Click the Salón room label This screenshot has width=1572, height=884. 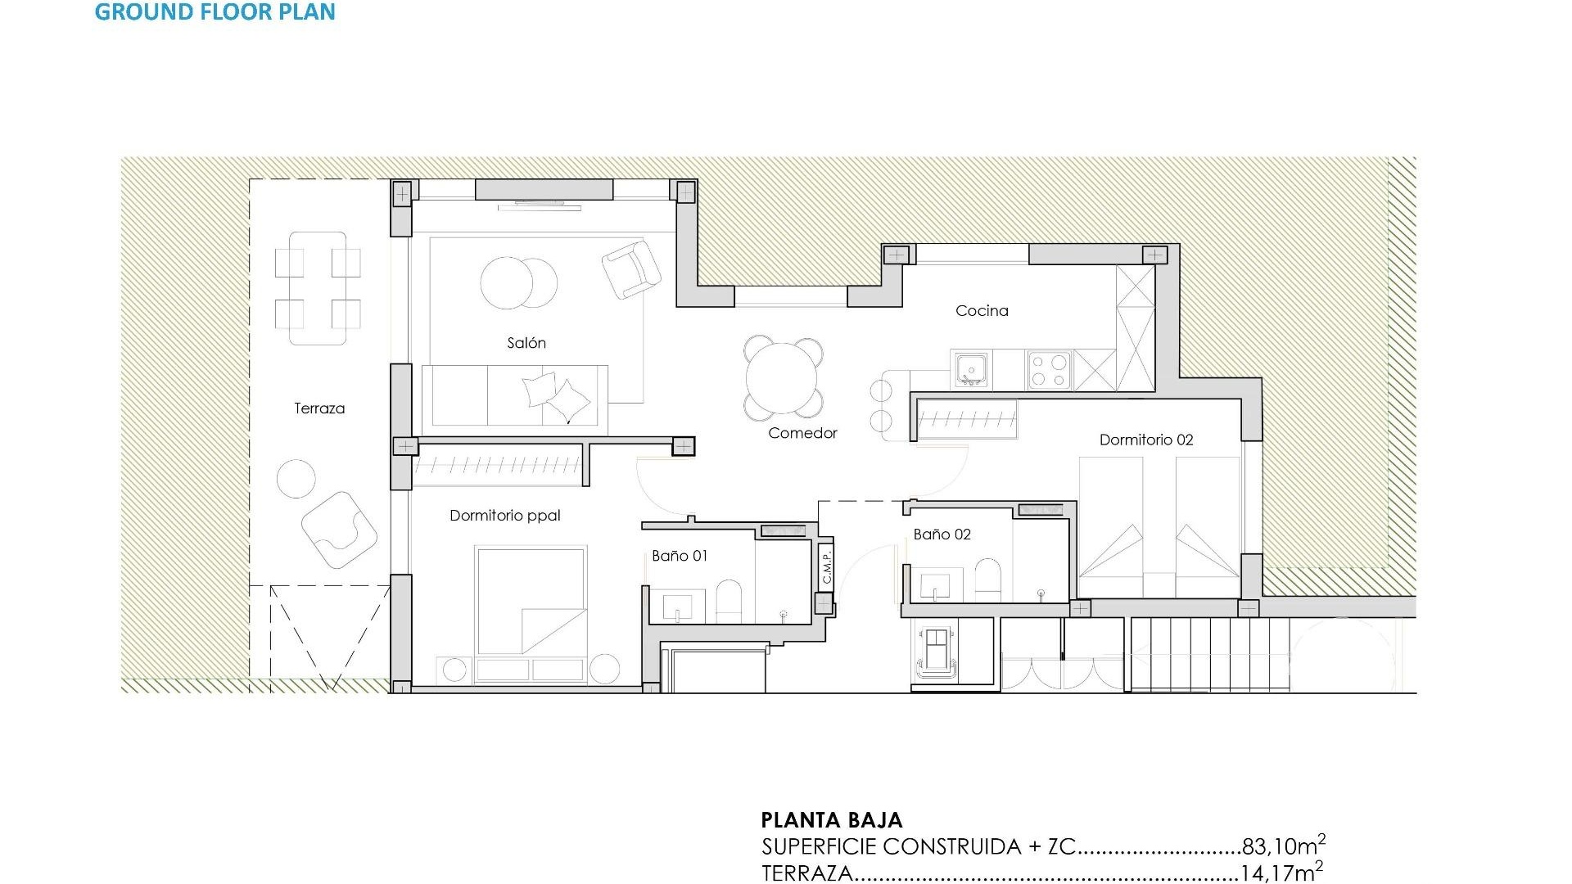pos(526,343)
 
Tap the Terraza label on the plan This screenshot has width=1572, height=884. pos(319,408)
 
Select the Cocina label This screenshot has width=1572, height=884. pos(982,311)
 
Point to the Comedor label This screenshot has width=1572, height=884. pos(802,433)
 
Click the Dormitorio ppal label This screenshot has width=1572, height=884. pos(505,516)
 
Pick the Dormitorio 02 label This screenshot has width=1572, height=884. pos(1145,440)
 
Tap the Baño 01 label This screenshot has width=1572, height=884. pos(680,556)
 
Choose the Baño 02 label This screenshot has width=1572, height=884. pos(942,534)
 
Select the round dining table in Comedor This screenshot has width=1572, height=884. pos(782,379)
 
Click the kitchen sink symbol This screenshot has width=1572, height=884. pos(971,369)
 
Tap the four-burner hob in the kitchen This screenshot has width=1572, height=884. pos(1050,369)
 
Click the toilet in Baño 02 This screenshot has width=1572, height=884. pos(987,580)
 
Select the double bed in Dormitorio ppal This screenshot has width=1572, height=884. pos(531,602)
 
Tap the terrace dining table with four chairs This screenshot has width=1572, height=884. pos(318,288)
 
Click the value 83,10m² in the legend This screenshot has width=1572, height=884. pos(1282,846)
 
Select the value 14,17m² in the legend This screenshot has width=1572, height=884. pos(1281,873)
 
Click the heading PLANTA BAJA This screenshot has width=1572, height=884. pos(831,820)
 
